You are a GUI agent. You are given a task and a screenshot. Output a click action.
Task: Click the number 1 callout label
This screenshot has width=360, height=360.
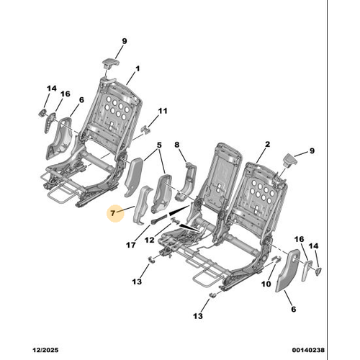138,69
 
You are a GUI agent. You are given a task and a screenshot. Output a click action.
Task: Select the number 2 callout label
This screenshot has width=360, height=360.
267,144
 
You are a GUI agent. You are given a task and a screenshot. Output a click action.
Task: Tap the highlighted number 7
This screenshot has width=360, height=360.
113,213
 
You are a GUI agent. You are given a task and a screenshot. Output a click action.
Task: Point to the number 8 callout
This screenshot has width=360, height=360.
177,145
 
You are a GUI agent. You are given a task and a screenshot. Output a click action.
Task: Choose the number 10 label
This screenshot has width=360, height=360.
266,284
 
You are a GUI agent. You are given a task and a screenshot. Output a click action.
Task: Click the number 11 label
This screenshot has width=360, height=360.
163,111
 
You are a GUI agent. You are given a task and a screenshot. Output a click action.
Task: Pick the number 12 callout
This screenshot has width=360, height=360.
150,240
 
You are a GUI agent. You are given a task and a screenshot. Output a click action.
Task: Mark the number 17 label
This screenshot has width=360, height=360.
131,245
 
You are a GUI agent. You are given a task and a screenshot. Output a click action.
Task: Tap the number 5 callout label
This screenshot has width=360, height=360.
159,145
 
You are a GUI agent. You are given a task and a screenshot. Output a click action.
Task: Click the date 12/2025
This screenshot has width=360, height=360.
45,350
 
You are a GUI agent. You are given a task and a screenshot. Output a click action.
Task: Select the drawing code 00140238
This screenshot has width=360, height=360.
308,350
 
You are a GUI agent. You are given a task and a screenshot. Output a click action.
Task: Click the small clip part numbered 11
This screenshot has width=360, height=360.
145,129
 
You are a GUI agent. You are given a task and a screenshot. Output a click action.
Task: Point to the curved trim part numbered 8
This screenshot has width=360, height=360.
186,181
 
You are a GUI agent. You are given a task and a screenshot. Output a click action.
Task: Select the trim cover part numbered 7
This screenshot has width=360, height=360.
143,205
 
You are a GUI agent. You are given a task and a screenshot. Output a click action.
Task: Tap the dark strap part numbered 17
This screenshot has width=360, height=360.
159,219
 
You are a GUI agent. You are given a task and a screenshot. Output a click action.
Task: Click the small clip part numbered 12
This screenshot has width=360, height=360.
174,220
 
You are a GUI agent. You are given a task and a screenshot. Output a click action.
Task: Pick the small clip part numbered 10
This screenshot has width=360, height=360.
276,259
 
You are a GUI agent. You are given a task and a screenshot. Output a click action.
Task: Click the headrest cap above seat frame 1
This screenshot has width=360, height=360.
111,63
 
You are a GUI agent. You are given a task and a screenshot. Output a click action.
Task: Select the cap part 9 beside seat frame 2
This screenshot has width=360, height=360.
290,160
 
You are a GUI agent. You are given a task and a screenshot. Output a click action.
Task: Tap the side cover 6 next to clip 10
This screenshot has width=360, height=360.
287,270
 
